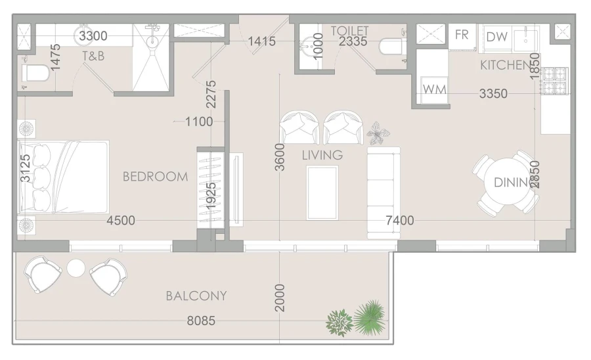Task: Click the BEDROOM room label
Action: tap(155, 177)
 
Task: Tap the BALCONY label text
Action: tap(196, 296)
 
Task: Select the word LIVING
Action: tap(322, 156)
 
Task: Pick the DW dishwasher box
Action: tap(496, 37)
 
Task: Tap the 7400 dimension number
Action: tap(399, 221)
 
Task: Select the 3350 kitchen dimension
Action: tap(492, 94)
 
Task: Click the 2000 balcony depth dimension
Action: tap(280, 298)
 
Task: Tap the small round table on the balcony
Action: tap(76, 268)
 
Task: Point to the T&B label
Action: tap(93, 56)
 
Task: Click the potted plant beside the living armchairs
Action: tap(378, 133)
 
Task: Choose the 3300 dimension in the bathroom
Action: tap(93, 35)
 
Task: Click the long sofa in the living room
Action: tap(383, 192)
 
